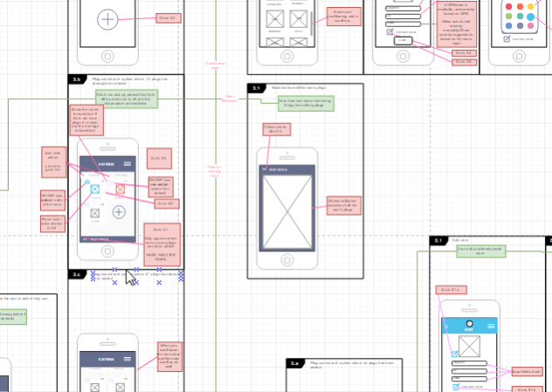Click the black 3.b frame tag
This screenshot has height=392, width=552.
point(77,79)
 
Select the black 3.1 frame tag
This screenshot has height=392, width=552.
point(257,88)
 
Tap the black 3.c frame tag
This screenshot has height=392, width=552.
point(77,274)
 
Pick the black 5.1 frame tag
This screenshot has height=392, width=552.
point(438,240)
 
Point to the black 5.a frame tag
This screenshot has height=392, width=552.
point(295,362)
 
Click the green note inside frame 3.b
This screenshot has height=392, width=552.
point(127,98)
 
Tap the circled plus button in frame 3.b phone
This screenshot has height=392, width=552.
point(119,211)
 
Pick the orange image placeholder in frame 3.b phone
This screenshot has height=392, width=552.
point(120,187)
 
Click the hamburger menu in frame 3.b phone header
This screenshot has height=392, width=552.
point(128,163)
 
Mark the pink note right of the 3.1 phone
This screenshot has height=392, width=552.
point(342,205)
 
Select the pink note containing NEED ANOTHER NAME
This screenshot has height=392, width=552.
point(161,244)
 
